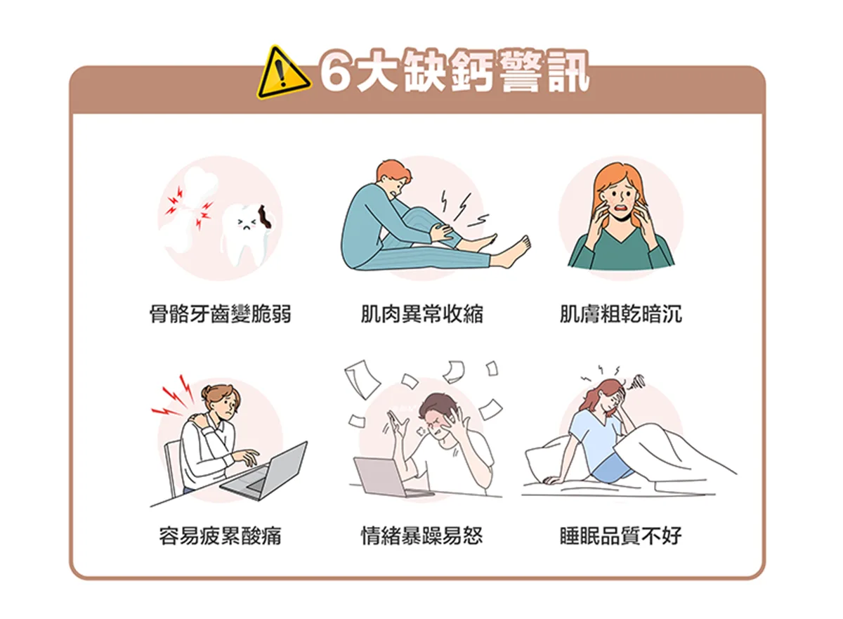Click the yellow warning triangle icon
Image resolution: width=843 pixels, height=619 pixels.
(x=283, y=74)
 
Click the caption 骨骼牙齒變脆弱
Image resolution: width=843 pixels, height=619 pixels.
(x=220, y=313)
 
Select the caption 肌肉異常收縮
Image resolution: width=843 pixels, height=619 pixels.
(x=421, y=313)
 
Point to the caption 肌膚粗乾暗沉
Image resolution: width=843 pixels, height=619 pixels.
(x=620, y=313)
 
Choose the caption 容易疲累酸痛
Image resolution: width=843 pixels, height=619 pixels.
(x=220, y=535)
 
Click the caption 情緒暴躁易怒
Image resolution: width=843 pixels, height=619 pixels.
(x=421, y=535)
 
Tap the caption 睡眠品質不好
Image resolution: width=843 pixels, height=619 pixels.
(x=620, y=535)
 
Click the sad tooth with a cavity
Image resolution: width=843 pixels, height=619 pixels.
(x=249, y=234)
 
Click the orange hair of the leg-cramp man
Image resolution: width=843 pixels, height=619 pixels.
(x=393, y=172)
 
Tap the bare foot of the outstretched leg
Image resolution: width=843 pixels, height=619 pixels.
(x=514, y=253)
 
